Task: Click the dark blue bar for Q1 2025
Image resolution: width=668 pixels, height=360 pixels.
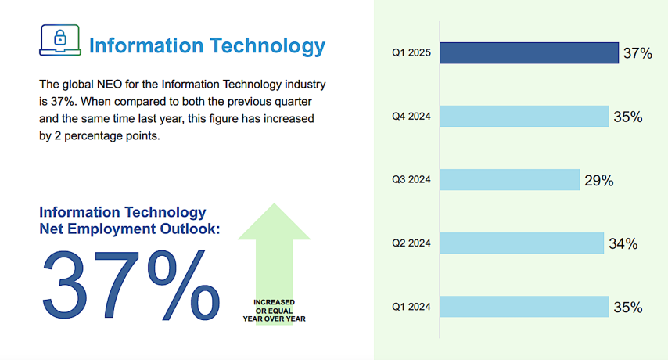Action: pos(529,53)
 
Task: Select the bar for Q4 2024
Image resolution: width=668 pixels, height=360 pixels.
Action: pos(523,117)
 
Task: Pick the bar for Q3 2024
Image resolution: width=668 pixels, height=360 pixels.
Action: pos(509,180)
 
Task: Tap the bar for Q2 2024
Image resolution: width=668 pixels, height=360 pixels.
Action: pos(521,243)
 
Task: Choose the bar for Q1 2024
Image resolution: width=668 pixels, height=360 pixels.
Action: pos(523,307)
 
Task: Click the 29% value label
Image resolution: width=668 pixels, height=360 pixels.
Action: pos(598,181)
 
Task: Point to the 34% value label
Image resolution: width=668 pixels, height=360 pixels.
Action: pos(623,244)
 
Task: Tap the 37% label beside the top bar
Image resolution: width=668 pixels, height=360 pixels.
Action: pos(637,54)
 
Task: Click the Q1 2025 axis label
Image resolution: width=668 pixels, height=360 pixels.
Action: pos(411,53)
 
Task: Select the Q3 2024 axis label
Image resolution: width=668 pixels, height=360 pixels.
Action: pos(411,180)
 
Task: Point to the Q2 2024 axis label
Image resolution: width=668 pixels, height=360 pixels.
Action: pos(411,243)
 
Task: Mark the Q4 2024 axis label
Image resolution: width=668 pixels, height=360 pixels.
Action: pos(411,117)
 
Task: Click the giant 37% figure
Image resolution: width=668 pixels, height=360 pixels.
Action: pos(130,285)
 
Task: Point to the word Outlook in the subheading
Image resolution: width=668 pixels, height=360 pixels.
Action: pos(189,229)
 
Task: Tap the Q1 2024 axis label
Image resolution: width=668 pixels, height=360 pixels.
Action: pos(411,307)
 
